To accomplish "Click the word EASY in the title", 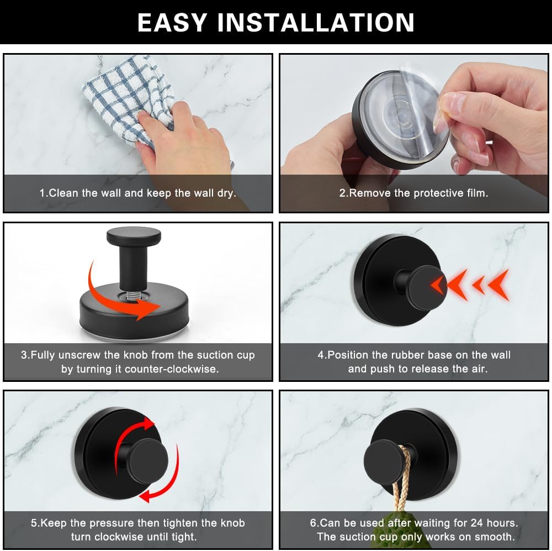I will pyautogui.click(x=172, y=23).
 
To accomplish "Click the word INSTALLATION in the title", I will pyautogui.click(x=316, y=23).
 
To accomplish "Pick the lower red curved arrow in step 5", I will pyautogui.click(x=166, y=481).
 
